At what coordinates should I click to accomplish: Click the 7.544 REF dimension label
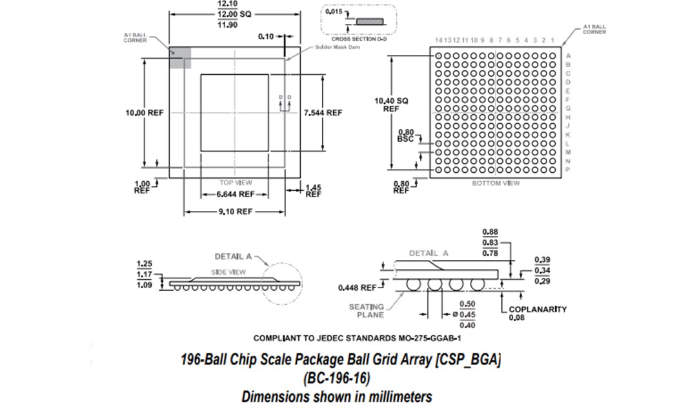(323, 112)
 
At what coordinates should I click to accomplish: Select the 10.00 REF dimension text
(145, 112)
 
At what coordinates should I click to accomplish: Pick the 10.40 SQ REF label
(392, 105)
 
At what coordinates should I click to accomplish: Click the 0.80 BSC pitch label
(406, 135)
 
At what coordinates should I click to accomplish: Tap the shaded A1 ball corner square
(180, 58)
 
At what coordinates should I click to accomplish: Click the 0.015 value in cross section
(332, 12)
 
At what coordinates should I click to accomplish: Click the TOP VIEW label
(236, 182)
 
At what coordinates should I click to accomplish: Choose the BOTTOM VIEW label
(496, 183)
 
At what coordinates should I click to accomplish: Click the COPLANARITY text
(538, 309)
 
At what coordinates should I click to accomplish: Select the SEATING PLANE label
(367, 311)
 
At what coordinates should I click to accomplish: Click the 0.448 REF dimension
(357, 287)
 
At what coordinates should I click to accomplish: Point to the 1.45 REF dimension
(313, 190)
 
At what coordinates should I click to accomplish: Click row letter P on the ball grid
(568, 169)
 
